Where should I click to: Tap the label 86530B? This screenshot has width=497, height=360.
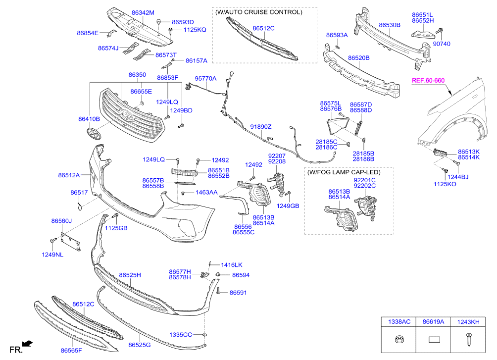pyautogui.click(x=390, y=25)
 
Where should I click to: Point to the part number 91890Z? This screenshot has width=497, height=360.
pyautogui.click(x=261, y=127)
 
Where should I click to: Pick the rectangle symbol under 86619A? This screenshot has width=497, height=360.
pyautogui.click(x=434, y=340)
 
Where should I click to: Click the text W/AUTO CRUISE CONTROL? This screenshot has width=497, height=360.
pyautogui.click(x=258, y=12)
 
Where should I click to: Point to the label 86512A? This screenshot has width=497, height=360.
pyautogui.click(x=69, y=175)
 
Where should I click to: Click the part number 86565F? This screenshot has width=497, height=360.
pyautogui.click(x=71, y=350)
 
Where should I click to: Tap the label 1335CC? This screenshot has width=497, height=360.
pyautogui.click(x=181, y=335)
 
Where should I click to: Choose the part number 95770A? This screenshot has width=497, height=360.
pyautogui.click(x=205, y=79)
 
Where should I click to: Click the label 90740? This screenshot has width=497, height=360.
pyautogui.click(x=442, y=44)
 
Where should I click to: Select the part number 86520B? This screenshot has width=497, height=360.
pyautogui.click(x=359, y=58)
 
